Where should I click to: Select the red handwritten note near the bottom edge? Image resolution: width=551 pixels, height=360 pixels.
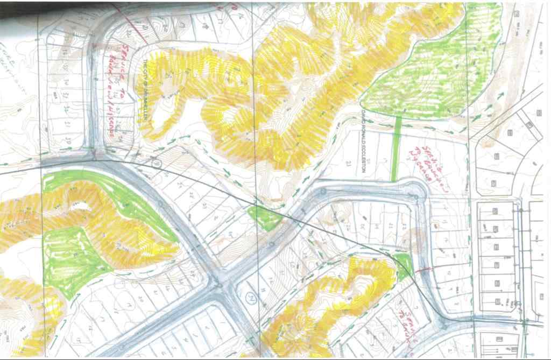coord(407,321)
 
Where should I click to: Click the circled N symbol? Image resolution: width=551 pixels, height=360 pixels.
coord(250,297)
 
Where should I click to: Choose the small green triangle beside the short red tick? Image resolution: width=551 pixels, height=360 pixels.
coord(404,267)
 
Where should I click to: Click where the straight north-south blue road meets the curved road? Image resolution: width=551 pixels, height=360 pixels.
coord(95,158)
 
